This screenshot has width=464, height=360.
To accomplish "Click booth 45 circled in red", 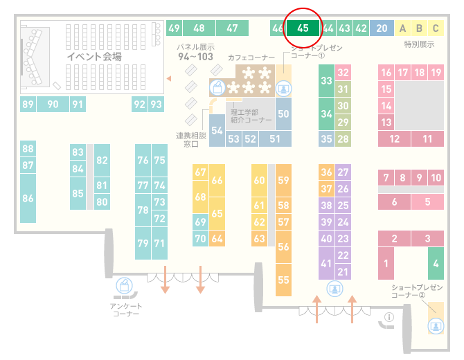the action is coord(303,28).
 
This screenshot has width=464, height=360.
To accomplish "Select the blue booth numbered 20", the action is coord(382,28).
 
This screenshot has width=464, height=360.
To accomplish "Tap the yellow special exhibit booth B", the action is coord(419,28).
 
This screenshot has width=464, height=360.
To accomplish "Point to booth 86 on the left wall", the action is coord(28,198).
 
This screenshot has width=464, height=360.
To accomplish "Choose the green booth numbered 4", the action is coord(436,263).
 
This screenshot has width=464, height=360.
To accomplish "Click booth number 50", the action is coord(283,114).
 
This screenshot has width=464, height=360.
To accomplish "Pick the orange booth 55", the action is coord(283,280).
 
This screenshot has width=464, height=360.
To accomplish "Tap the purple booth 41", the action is coord(326,263).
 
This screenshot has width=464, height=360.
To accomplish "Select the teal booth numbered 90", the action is coord(53,104).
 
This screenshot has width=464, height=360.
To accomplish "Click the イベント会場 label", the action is coord(94,56).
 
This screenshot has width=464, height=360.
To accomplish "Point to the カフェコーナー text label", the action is coord(251,57).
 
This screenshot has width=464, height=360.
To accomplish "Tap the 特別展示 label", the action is coord(419,44).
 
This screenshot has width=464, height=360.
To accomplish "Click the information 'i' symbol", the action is coord(389,317).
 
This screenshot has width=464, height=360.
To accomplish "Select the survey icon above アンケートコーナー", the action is coord(124,286).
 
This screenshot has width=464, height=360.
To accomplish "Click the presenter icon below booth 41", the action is coord(334,289).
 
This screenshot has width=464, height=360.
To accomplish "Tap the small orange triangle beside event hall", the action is coord(169,78).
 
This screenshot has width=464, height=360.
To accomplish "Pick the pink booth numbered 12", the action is coord(394,138).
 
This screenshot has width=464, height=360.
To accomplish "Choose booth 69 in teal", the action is coord(200,222).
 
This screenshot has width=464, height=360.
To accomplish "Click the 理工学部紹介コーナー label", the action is coord(251,116).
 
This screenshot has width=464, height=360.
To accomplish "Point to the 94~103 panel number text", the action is coord(195,57).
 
